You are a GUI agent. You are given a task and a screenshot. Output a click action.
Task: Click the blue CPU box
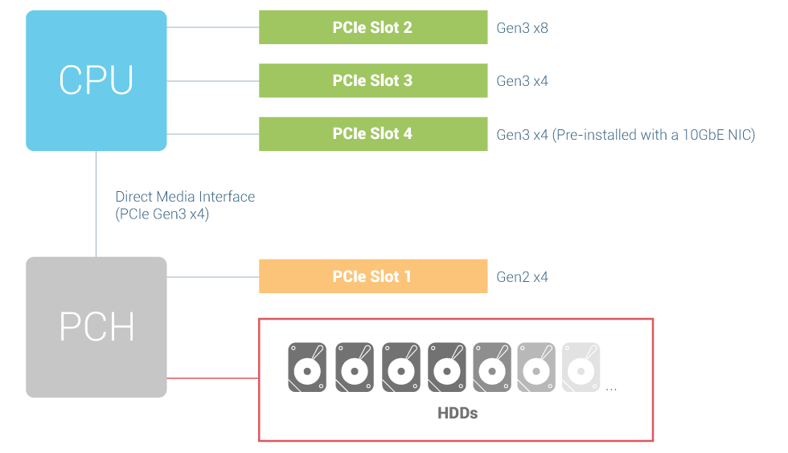96,80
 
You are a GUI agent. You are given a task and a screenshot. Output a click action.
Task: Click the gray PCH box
96,327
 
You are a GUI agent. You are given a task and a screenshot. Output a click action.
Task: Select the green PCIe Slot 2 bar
373,27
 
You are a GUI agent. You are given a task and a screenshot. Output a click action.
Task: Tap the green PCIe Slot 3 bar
373,80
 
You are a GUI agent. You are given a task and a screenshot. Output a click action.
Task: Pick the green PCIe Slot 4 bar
373,133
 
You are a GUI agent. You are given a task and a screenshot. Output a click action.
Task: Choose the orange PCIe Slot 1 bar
373,276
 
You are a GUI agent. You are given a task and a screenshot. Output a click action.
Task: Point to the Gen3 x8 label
522,28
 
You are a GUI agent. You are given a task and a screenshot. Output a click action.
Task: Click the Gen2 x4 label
522,277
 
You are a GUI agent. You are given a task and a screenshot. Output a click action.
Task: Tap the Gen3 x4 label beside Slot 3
522,81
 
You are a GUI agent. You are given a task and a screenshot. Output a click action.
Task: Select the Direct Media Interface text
185,197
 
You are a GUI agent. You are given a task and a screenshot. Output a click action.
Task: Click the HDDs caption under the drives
458,414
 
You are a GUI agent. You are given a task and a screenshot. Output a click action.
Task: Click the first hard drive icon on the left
307,367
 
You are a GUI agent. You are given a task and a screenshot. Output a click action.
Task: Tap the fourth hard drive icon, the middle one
447,367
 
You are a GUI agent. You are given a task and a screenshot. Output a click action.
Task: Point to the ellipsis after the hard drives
611,389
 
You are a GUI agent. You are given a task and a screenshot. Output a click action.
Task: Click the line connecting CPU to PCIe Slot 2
213,27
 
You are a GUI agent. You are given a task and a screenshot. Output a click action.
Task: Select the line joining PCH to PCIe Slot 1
213,277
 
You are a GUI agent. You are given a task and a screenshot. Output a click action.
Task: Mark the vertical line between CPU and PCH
96,204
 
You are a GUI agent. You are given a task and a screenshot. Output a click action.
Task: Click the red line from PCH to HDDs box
213,377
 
